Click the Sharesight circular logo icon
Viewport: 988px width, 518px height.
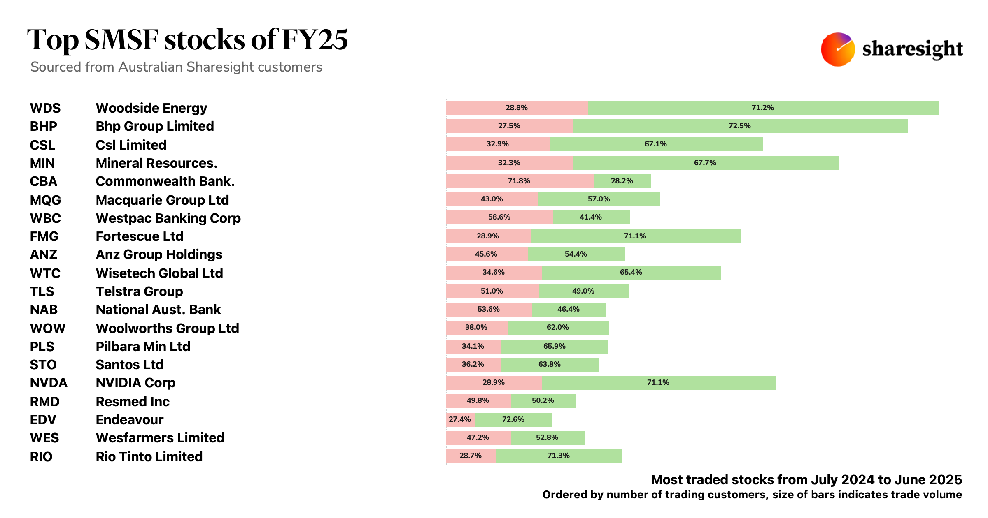click(x=837, y=49)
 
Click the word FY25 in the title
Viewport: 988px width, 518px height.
click(x=315, y=40)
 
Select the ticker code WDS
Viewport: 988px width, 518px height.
click(x=45, y=108)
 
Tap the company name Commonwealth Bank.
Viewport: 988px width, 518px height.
click(x=165, y=181)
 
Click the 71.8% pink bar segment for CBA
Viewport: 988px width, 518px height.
click(x=520, y=181)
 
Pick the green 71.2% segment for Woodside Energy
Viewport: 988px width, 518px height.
click(x=762, y=108)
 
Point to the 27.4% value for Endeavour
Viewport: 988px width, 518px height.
click(x=460, y=420)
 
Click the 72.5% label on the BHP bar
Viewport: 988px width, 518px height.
click(x=739, y=126)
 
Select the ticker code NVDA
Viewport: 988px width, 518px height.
click(x=49, y=383)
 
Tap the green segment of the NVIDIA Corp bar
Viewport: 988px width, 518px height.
click(x=658, y=383)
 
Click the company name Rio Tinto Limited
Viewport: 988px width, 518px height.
click(x=149, y=457)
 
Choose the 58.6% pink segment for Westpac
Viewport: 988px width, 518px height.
click(x=499, y=217)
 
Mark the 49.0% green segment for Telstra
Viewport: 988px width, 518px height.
click(x=583, y=291)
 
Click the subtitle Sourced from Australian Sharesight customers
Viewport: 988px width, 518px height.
click(x=176, y=67)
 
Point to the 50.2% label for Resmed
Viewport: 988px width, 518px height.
click(x=543, y=401)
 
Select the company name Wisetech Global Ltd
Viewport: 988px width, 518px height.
click(x=159, y=273)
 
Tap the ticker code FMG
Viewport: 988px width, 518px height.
click(x=44, y=236)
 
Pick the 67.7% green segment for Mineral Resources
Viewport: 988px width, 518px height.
click(x=705, y=163)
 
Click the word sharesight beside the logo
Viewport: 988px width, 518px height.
click(x=912, y=49)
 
